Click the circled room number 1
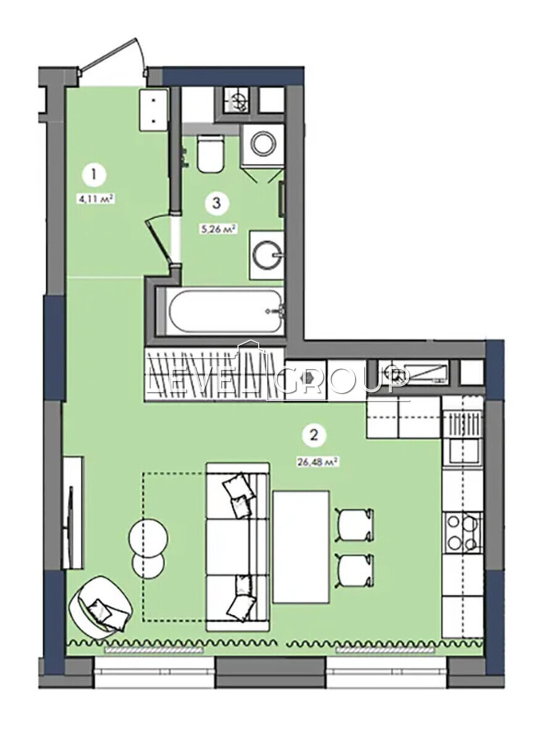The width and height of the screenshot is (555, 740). pos(94,175)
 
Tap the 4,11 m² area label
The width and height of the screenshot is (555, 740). pos(94,199)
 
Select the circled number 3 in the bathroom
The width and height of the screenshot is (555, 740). pos(216,203)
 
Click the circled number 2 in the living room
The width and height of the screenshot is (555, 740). pos(314,435)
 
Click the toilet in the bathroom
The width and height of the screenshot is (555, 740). pos(210,153)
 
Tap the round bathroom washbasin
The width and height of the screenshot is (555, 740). pos(266,255)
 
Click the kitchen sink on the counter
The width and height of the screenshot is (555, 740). pos(464,451)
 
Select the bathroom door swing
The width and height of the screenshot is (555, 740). pos(159,241)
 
